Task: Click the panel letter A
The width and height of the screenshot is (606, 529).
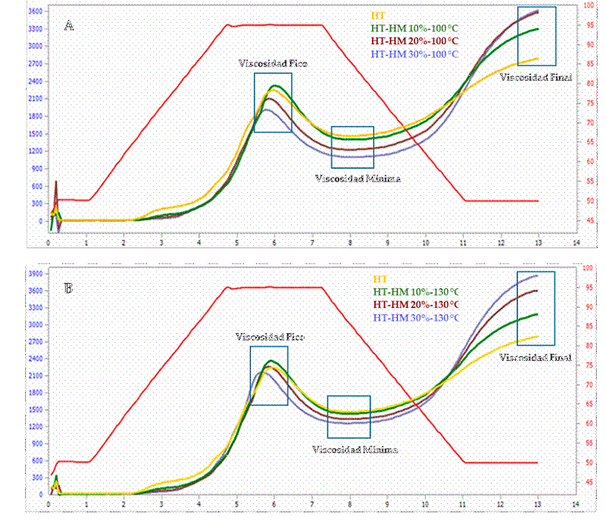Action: tap(69, 26)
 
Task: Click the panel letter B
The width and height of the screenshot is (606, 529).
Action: tap(69, 288)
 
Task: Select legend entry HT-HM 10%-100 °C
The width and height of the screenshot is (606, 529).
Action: tap(414, 28)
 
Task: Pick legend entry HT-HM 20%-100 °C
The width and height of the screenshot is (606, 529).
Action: tap(414, 41)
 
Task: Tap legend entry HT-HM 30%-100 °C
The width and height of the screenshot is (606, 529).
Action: tap(414, 54)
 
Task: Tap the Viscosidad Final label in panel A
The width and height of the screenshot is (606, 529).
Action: tap(536, 77)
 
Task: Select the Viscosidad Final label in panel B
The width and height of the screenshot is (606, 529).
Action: tap(534, 356)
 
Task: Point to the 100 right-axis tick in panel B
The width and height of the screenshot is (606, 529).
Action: tap(588, 268)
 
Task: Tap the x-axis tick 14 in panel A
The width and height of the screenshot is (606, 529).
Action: tap(576, 244)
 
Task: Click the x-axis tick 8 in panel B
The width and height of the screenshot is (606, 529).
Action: tap(350, 506)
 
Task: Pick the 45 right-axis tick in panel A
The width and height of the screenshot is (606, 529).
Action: tap(588, 220)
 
